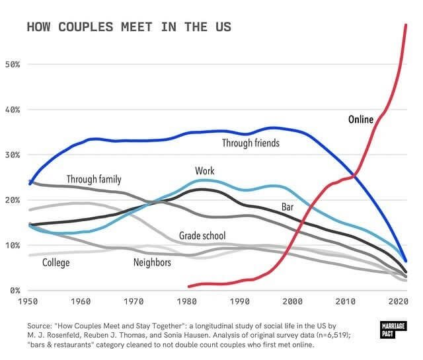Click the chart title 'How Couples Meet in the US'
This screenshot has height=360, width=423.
pyautogui.click(x=128, y=27)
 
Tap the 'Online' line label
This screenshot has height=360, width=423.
pyautogui.click(x=361, y=120)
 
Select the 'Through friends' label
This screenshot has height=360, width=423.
pyautogui.click(x=250, y=143)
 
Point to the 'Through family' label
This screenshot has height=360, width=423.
pyautogui.click(x=94, y=179)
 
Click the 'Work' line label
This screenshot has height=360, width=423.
pyautogui.click(x=205, y=171)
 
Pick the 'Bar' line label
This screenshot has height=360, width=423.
pyautogui.click(x=288, y=207)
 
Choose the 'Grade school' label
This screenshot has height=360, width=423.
pyautogui.click(x=202, y=236)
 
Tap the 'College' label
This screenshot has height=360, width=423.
pyautogui.click(x=56, y=263)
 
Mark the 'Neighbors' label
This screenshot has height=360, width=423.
pyautogui.click(x=152, y=263)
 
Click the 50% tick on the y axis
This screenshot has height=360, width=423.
pyautogui.click(x=13, y=65)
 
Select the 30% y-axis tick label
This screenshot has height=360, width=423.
pyautogui.click(x=13, y=155)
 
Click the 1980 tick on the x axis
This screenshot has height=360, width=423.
pyautogui.click(x=186, y=302)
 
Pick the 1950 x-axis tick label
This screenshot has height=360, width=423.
pyautogui.click(x=28, y=302)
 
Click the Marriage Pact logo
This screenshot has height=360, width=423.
pyautogui.click(x=394, y=330)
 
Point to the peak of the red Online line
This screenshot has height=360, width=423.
pyautogui.click(x=406, y=24)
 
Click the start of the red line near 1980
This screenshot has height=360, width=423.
pyautogui.click(x=189, y=286)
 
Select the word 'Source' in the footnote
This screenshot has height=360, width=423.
pyautogui.click(x=40, y=326)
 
